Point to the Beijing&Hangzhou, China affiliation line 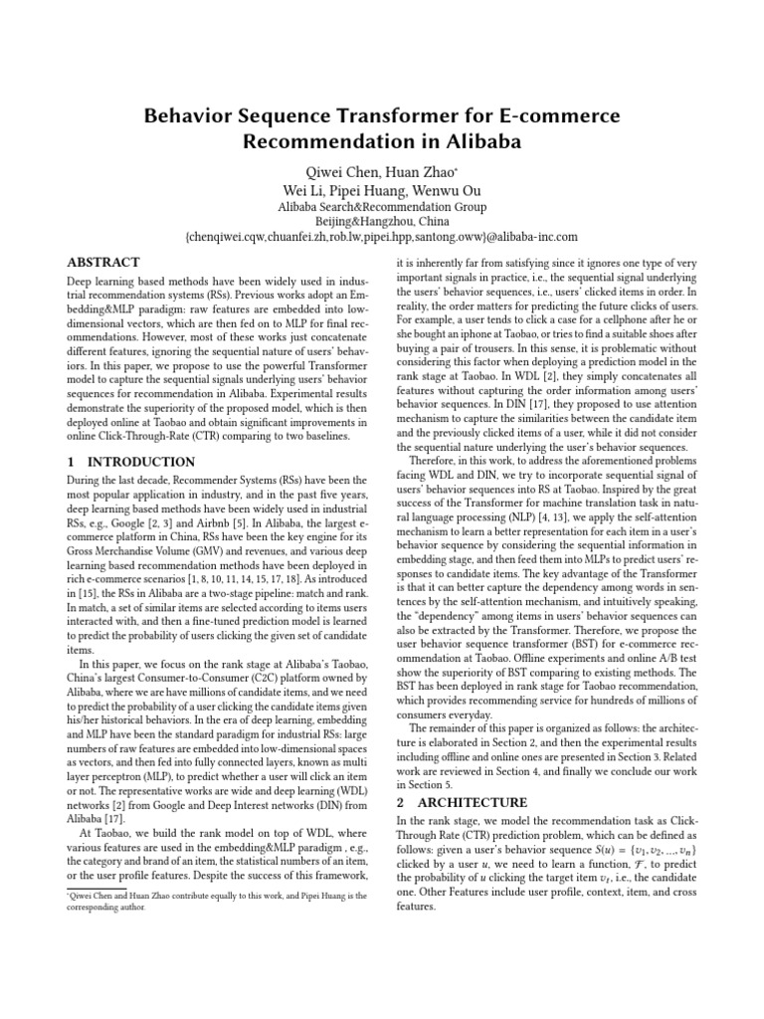click(x=381, y=222)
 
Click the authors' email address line click(x=381, y=239)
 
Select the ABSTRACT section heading click(x=102, y=263)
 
